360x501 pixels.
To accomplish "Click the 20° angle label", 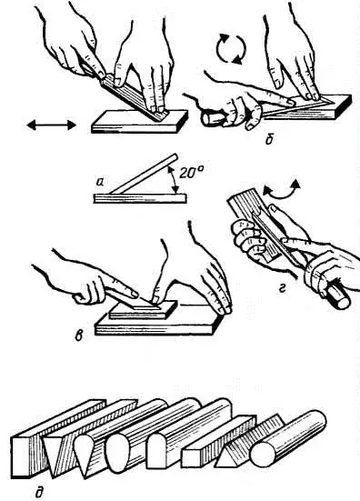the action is click(x=191, y=173).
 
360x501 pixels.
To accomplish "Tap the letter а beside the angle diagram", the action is click(x=100, y=183).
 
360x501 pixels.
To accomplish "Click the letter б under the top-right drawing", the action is click(x=269, y=139).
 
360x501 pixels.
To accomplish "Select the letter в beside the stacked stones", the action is click(x=78, y=336).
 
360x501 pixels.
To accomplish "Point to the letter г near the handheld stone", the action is click(x=282, y=289).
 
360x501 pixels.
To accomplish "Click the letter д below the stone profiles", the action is click(x=39, y=492).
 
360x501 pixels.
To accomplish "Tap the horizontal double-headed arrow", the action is click(x=52, y=125).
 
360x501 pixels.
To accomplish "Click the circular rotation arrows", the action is click(x=231, y=48).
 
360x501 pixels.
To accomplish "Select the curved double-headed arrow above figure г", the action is click(x=281, y=191).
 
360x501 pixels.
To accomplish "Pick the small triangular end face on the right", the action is click(x=226, y=457).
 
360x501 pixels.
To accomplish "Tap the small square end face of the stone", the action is click(x=193, y=458).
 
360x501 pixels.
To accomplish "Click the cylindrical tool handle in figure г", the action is click(x=337, y=296).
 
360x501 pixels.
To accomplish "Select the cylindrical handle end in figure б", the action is click(x=212, y=118).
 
